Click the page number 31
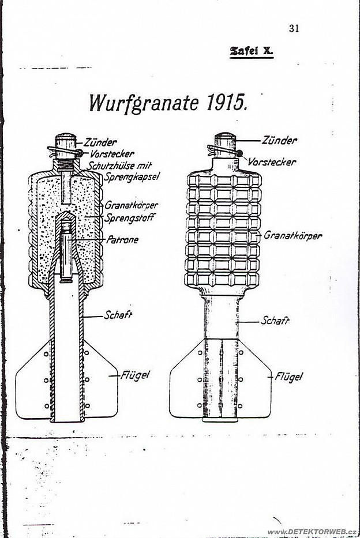click(294, 28)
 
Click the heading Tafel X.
click(252, 51)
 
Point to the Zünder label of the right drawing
click(279, 140)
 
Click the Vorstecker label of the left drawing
click(112, 154)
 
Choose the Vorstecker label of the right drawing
click(271, 162)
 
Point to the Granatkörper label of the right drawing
click(292, 235)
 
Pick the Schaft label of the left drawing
click(118, 315)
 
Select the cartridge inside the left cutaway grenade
click(66, 251)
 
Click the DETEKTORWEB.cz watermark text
click(312, 532)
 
